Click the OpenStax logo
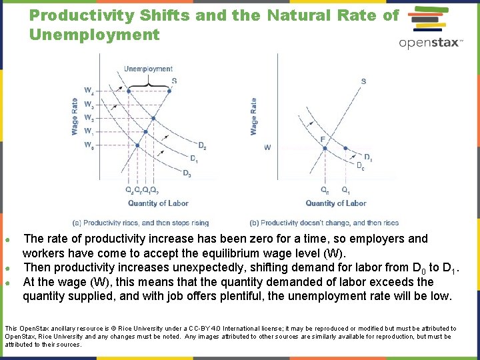[430, 31]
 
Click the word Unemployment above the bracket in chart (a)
[148, 69]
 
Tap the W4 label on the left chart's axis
[89, 90]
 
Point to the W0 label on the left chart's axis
[89, 145]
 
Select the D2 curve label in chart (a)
[202, 146]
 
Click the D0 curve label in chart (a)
[187, 173]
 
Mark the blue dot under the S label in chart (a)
[169, 91]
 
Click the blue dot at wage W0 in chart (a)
[137, 145]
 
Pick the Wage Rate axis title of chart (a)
[75, 117]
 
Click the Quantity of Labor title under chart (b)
[336, 203]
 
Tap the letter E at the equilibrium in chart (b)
[323, 139]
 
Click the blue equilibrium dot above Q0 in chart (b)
[325, 148]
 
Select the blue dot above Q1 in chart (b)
[345, 148]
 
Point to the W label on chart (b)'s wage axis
[267, 147]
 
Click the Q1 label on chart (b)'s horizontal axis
[345, 190]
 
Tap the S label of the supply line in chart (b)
[363, 81]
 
